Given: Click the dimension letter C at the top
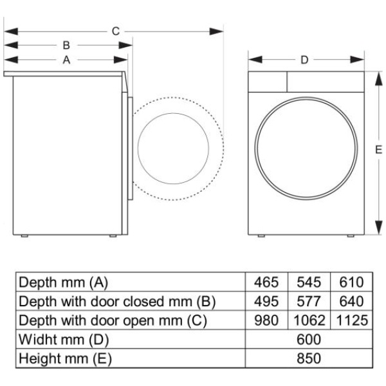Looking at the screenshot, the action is [x=116, y=32].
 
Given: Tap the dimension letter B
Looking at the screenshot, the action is [x=66, y=45].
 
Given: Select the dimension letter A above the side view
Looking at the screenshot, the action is [x=66, y=60].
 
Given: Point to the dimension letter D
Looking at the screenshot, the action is [x=304, y=60].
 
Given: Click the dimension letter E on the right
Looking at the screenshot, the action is [x=379, y=150].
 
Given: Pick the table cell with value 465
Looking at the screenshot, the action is [x=266, y=282].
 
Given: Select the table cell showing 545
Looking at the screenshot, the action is [x=309, y=282].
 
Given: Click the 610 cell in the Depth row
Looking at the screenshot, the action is [x=351, y=282].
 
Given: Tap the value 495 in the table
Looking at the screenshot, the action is [x=266, y=301].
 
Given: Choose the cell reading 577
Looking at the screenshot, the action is [x=309, y=301].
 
